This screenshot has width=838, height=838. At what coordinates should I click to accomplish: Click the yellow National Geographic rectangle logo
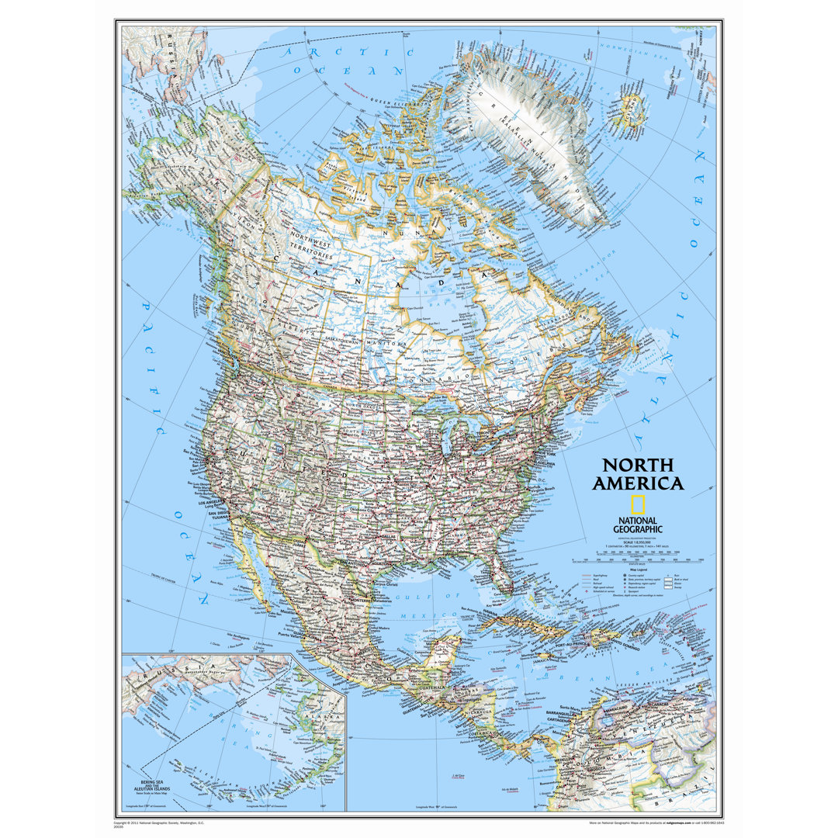pos(637,504)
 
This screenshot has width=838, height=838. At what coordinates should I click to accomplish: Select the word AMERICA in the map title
pos(638,483)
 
